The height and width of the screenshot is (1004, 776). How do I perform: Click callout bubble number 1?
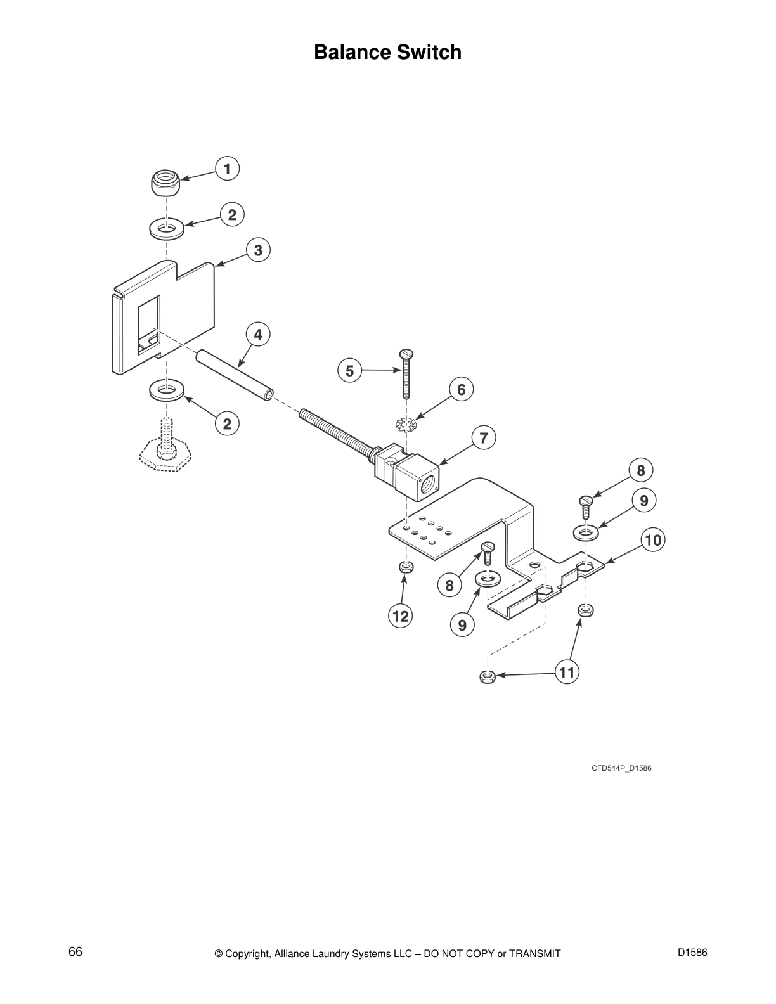[x=226, y=169]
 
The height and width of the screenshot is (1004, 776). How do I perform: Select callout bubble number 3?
[x=258, y=250]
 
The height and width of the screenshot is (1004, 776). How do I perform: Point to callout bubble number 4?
[x=258, y=334]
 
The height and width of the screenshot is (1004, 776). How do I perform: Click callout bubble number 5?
[x=349, y=370]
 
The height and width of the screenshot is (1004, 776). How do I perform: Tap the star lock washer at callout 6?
[x=405, y=423]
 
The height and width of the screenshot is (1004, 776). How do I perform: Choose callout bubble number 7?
[x=484, y=438]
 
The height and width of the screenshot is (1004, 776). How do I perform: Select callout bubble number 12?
[x=401, y=615]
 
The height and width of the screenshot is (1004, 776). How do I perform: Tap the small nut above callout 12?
[x=406, y=567]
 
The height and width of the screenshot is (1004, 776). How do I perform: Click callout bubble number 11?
[x=567, y=672]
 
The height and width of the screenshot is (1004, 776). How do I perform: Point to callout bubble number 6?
[x=461, y=389]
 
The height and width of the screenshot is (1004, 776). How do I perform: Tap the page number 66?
[x=75, y=951]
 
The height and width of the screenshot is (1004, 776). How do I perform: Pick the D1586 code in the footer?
[x=692, y=952]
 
